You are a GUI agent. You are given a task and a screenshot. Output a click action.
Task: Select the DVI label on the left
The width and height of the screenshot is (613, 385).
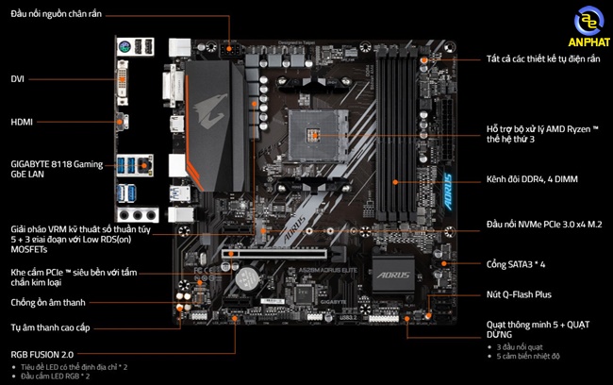18,79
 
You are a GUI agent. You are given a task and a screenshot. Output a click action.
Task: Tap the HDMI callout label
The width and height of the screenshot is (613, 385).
22,123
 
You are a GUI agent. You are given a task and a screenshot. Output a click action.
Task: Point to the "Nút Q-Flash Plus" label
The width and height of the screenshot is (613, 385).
520,294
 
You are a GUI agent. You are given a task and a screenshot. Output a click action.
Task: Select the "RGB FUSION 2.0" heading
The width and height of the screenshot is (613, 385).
42,354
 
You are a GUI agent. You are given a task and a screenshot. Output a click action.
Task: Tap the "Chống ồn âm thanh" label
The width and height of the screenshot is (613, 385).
48,302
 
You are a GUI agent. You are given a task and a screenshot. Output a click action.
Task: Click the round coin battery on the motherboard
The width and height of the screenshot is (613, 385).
247,277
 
